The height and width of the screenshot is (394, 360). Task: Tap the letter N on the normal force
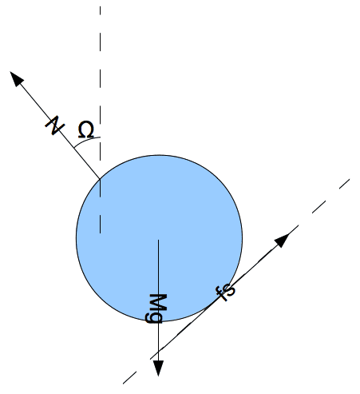point(55,125)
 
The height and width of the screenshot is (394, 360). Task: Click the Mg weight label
point(157,308)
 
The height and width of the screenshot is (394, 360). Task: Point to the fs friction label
point(227,293)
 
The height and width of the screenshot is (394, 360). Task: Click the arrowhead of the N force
point(16,78)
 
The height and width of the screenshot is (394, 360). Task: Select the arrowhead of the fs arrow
point(283,239)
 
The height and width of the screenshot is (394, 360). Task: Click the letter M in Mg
point(158,302)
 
